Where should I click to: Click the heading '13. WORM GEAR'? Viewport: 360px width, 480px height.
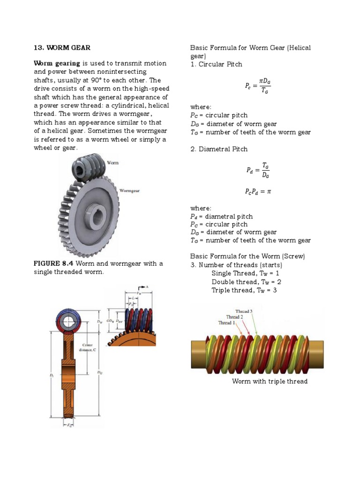click(x=62, y=48)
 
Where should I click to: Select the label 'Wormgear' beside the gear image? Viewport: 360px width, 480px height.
click(x=130, y=191)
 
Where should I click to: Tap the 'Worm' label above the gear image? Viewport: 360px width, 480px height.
click(x=113, y=163)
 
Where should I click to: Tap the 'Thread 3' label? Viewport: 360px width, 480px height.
click(x=244, y=311)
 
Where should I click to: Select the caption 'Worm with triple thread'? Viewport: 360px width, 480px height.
click(x=270, y=381)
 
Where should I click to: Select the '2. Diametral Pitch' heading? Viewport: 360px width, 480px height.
click(x=219, y=149)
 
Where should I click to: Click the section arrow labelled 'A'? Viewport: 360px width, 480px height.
click(x=143, y=287)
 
